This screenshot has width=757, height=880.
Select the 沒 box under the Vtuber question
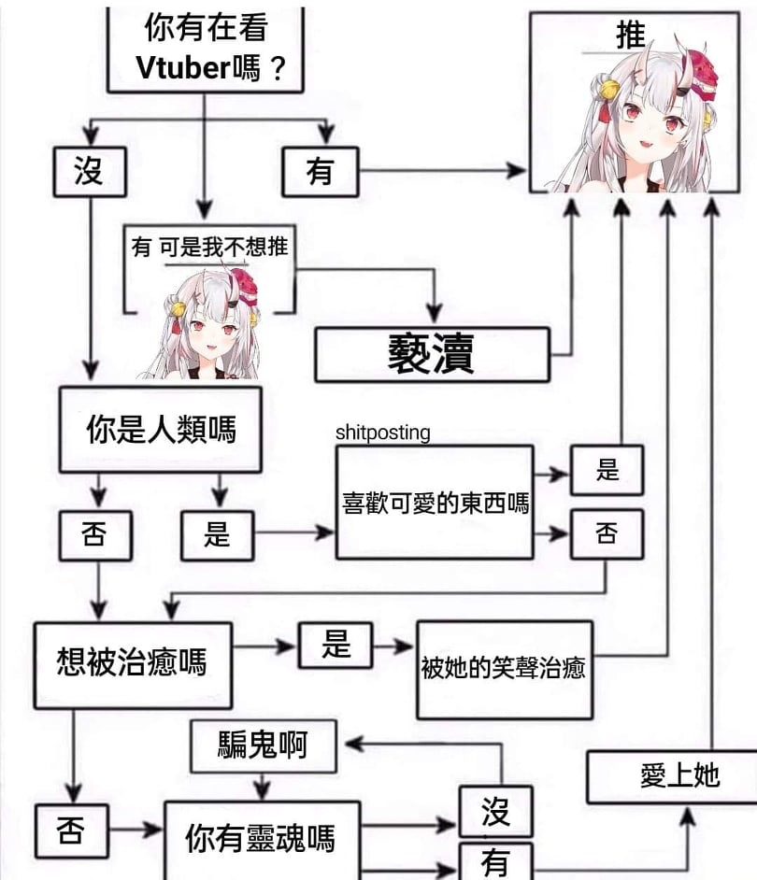coord(89,172)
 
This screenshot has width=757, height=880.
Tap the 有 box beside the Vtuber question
coord(321,172)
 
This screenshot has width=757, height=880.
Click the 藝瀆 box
coord(432,354)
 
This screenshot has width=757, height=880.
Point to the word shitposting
coord(383,433)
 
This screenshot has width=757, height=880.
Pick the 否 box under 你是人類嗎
coord(95,534)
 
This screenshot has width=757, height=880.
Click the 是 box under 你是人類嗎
coord(217,534)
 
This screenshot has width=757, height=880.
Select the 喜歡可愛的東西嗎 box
coord(435,503)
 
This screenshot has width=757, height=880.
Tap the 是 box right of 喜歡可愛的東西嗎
coord(607,471)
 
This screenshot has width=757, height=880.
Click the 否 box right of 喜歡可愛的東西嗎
coord(607,533)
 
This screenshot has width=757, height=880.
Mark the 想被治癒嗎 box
coord(132,663)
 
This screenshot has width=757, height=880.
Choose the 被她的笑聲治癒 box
coord(504,669)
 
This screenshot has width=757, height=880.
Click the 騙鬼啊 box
coord(262,744)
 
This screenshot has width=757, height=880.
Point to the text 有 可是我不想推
coord(209,247)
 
